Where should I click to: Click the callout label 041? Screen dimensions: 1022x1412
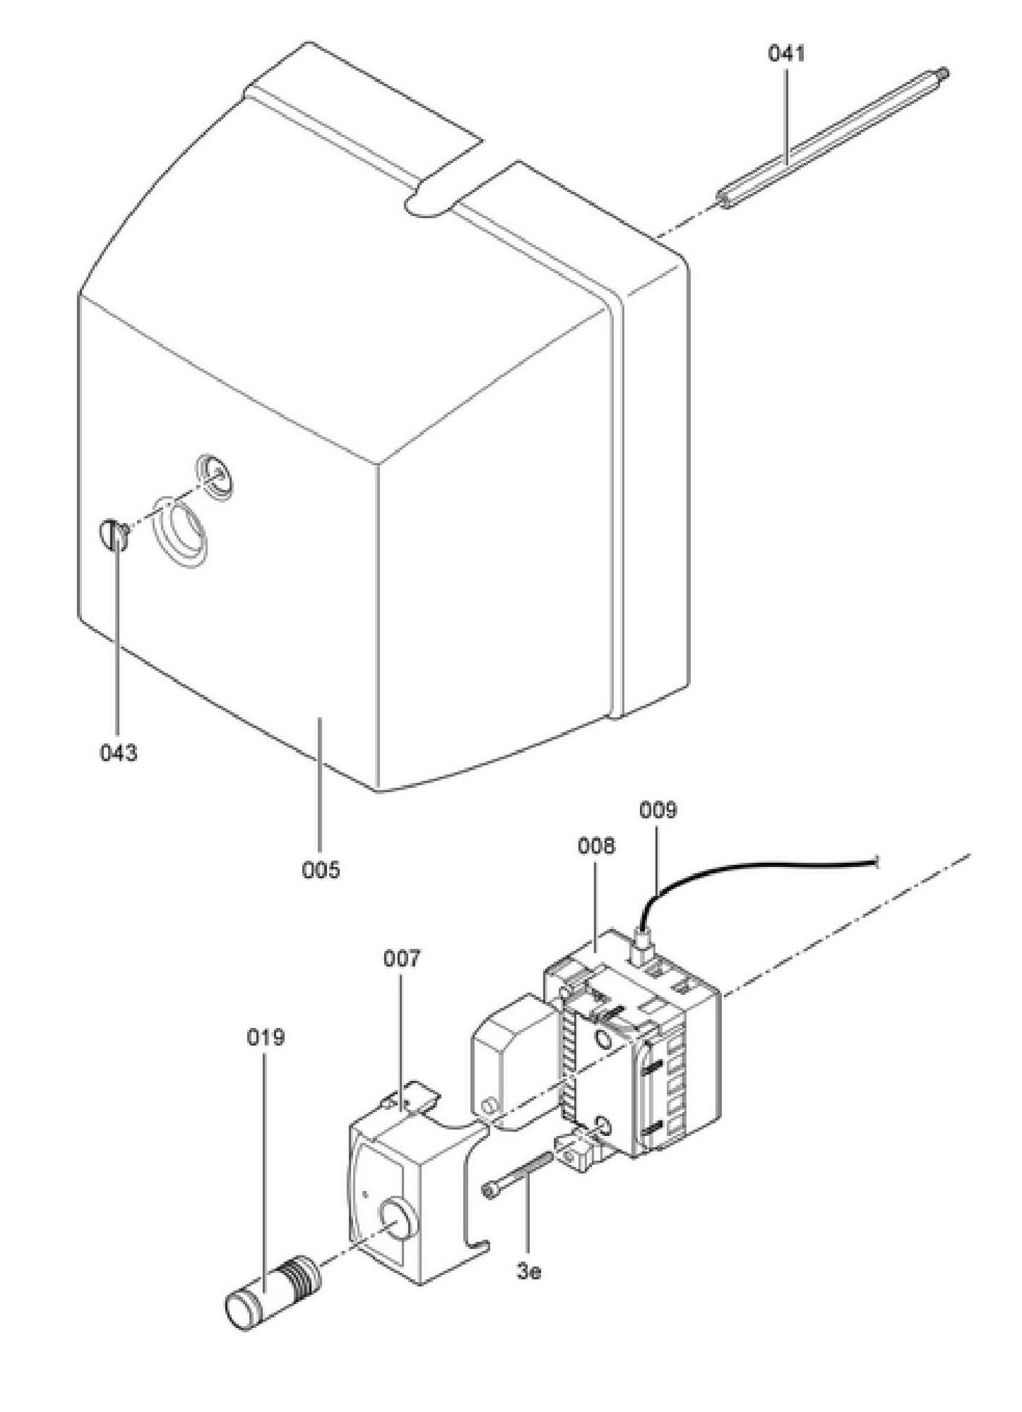(x=786, y=54)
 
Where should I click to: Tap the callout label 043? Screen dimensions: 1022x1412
(x=118, y=753)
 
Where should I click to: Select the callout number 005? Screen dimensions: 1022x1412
(x=320, y=869)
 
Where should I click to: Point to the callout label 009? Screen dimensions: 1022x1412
(x=657, y=809)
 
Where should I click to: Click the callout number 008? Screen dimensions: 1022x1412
(x=597, y=845)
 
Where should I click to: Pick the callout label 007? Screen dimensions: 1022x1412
(x=402, y=958)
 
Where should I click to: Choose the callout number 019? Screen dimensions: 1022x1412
(x=265, y=1037)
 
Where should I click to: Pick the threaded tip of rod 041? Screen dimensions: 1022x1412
(x=942, y=72)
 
